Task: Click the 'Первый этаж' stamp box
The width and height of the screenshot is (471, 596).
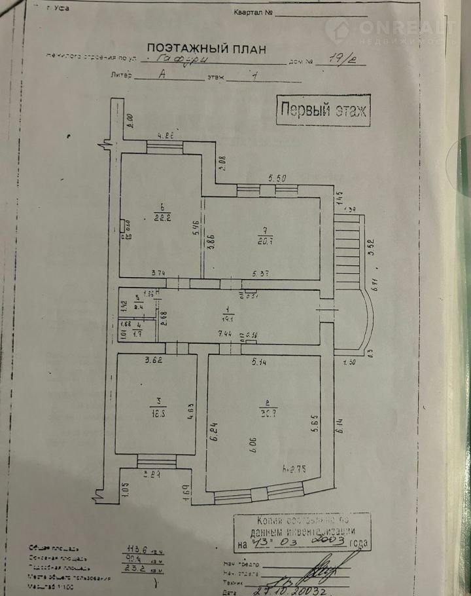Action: [323, 109]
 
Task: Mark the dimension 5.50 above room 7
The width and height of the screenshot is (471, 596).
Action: [278, 178]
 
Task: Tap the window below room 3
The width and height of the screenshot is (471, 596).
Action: [156, 462]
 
